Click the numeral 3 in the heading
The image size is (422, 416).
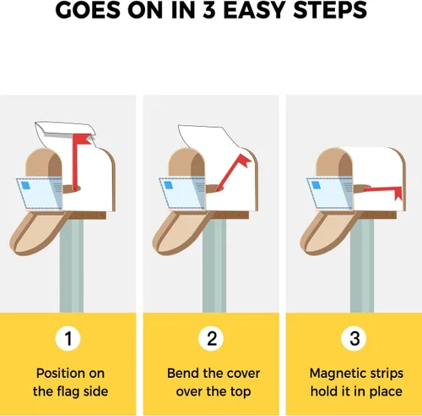click(208, 10)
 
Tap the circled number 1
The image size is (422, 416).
click(68, 338)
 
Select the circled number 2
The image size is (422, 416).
click(211, 338)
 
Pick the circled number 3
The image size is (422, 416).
click(354, 338)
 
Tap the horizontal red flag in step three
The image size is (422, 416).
click(382, 191)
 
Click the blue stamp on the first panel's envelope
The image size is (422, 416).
click(25, 185)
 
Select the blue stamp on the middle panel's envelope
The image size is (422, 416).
click(169, 185)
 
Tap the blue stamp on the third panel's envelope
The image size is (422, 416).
click(316, 185)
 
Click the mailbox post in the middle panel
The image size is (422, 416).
click(214, 265)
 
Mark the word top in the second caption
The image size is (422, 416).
click(241, 392)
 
